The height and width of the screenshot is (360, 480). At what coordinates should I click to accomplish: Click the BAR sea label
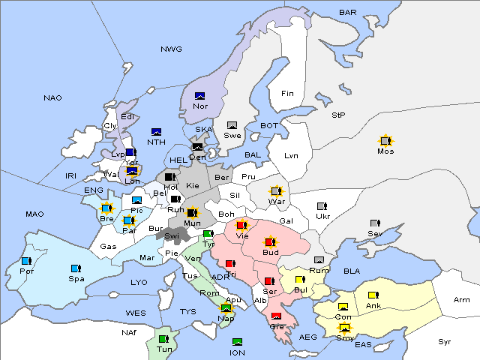pos(348,13)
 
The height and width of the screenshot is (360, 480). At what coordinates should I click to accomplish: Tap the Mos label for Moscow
pos(385,151)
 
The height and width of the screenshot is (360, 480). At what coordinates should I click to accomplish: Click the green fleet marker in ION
pos(237,342)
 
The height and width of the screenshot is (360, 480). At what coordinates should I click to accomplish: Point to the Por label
pos(27,271)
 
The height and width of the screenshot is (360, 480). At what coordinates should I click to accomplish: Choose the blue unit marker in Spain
pos(75,268)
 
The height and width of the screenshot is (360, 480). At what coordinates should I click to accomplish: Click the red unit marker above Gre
pos(276,316)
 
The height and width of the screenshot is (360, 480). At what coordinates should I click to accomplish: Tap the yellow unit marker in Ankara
pos(373,295)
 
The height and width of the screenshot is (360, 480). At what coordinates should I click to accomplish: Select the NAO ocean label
pos(52,98)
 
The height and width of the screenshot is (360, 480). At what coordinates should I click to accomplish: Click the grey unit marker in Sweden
pos(232,125)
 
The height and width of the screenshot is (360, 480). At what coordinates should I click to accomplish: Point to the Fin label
pos(287,94)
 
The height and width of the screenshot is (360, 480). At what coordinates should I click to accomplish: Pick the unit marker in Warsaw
pos(276,191)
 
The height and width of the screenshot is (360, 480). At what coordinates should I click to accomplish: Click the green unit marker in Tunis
pos(163,339)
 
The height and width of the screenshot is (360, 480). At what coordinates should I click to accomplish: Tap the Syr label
pos(445,341)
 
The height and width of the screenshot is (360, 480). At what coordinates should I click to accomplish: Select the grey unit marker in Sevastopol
pos(375,223)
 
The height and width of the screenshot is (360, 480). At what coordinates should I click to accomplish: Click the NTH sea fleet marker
pos(156,132)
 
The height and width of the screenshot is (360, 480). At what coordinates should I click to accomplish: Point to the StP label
pos(338,115)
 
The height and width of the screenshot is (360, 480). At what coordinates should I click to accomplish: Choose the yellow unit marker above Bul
pos(300,280)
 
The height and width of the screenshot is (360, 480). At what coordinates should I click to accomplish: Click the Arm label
pos(462,300)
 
